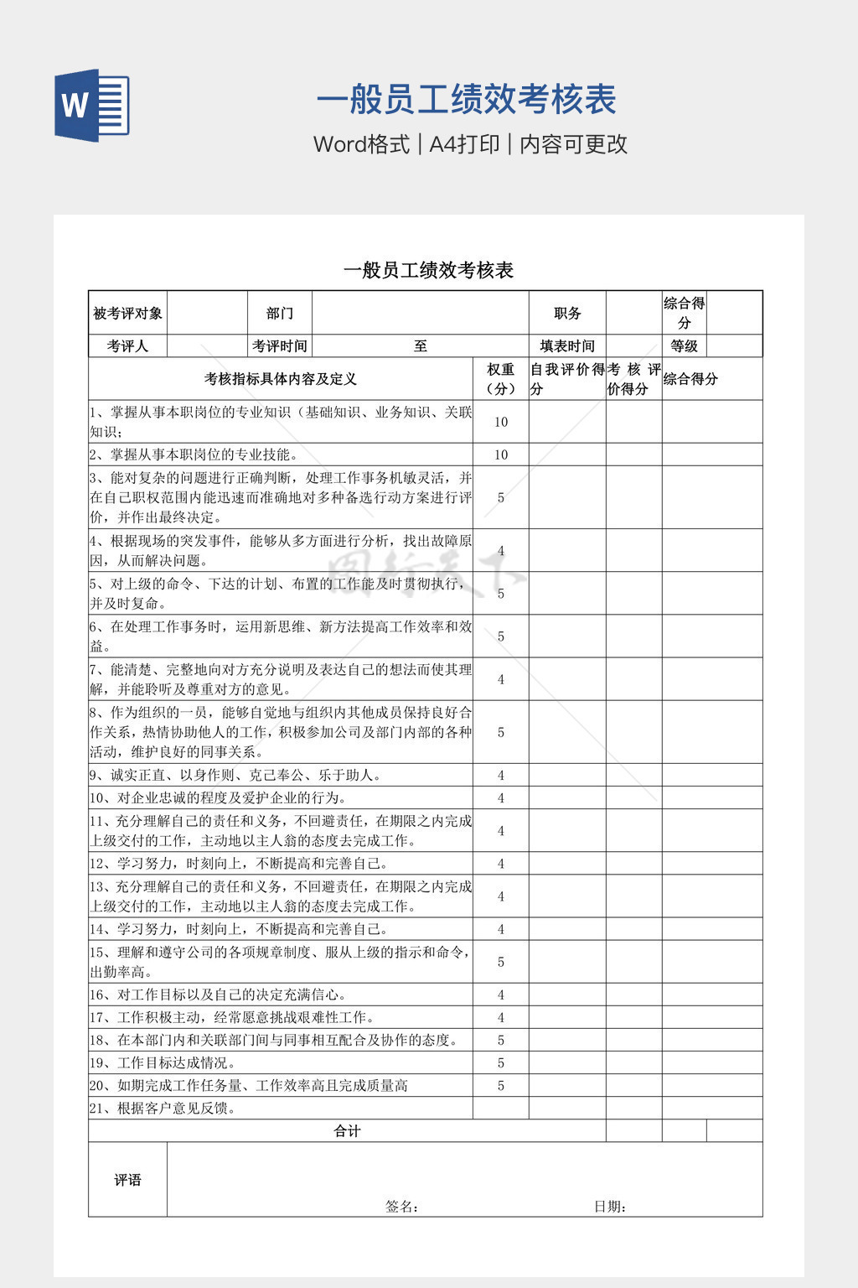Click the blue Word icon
pos(92,105)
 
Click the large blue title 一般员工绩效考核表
pos(466,100)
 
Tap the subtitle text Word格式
pos(361,144)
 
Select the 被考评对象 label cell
pos(127,314)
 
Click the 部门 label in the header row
pos(280,314)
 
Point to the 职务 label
pos(567,314)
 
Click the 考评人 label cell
pos(127,346)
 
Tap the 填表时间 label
pos(567,346)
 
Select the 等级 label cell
pos(684,346)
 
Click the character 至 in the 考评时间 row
pos(420,346)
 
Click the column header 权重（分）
pos(501,379)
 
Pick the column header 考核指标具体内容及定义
pos(281,379)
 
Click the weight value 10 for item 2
pos(501,454)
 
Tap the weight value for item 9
pos(501,775)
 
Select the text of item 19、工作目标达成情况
pos(163,1063)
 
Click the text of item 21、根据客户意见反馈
pos(163,1109)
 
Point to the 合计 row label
pos(347,1131)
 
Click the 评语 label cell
pos(127,1180)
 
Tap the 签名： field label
pos(402,1207)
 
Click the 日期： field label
pos(611,1207)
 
